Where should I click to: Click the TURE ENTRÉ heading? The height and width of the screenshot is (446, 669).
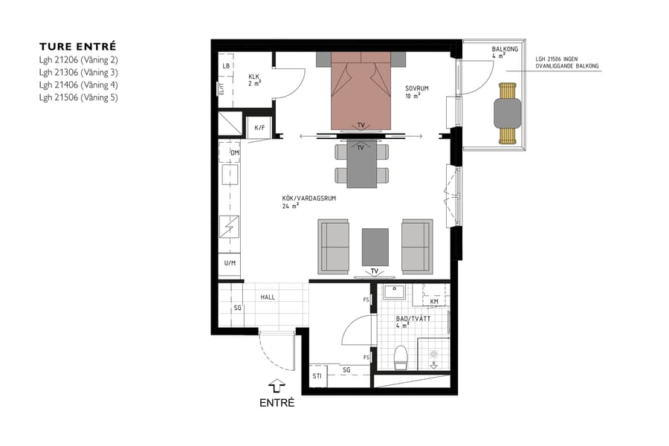point(78,45)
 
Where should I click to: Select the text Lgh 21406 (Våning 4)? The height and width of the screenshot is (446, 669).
point(78,85)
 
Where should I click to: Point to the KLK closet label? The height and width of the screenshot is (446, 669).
point(254,77)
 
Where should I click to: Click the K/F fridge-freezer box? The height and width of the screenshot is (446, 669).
point(259,128)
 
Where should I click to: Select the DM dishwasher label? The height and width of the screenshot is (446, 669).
point(235,153)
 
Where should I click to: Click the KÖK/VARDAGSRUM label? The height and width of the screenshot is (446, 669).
point(301,198)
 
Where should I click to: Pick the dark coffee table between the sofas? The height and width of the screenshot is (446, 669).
point(375,246)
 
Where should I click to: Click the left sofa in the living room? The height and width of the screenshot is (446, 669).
point(334,245)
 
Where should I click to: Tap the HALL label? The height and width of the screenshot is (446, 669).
point(268,297)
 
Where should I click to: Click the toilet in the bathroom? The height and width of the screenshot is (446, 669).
point(401,357)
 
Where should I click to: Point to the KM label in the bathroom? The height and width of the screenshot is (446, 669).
point(434,301)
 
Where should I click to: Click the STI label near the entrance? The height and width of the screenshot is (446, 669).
point(317,375)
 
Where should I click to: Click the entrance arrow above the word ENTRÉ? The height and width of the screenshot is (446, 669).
point(277,385)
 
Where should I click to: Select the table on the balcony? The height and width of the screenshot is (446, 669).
point(508,113)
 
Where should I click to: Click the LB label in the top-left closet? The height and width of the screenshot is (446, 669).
point(226,66)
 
